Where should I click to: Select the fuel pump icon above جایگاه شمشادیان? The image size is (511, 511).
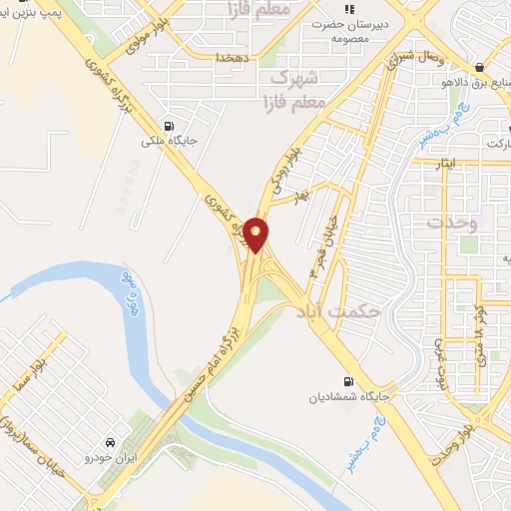(347, 381)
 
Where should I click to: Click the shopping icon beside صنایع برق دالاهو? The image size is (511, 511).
(482, 68)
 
